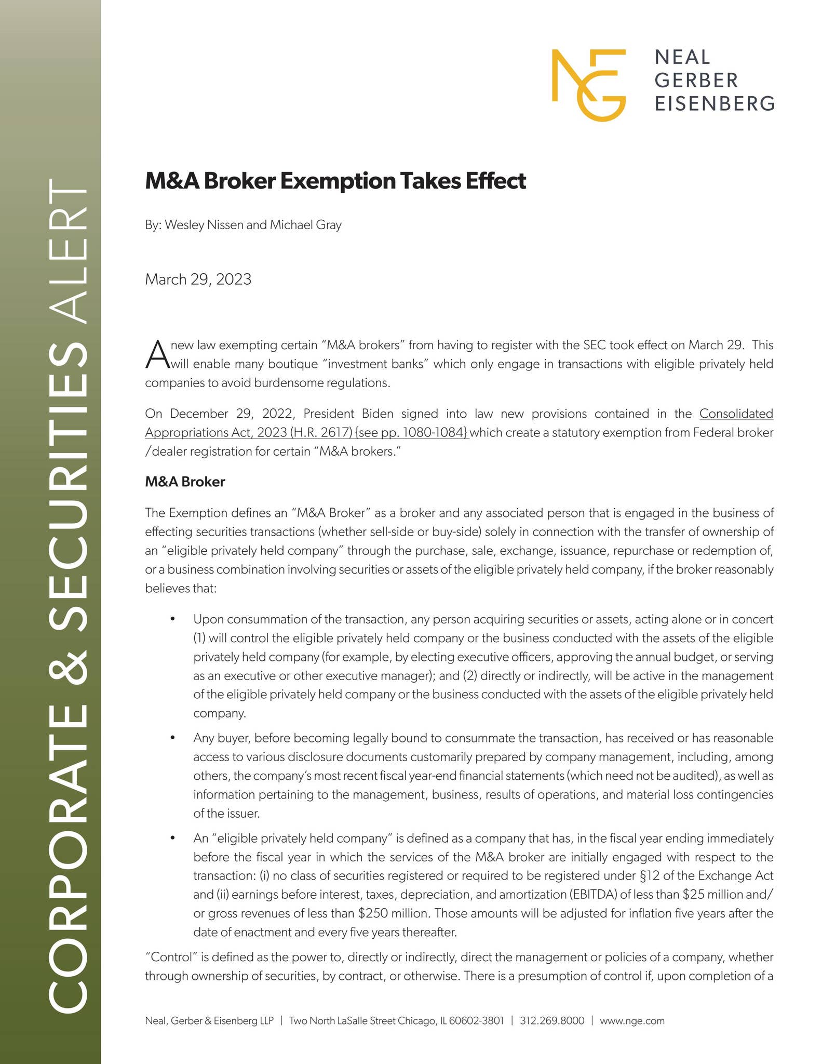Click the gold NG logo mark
click(588, 85)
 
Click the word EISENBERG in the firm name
click(715, 103)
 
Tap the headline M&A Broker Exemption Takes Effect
click(335, 181)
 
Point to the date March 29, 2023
click(198, 280)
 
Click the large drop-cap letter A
click(156, 355)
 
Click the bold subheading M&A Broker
click(185, 482)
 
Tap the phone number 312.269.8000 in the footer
click(551, 1020)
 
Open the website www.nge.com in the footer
click(632, 1020)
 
